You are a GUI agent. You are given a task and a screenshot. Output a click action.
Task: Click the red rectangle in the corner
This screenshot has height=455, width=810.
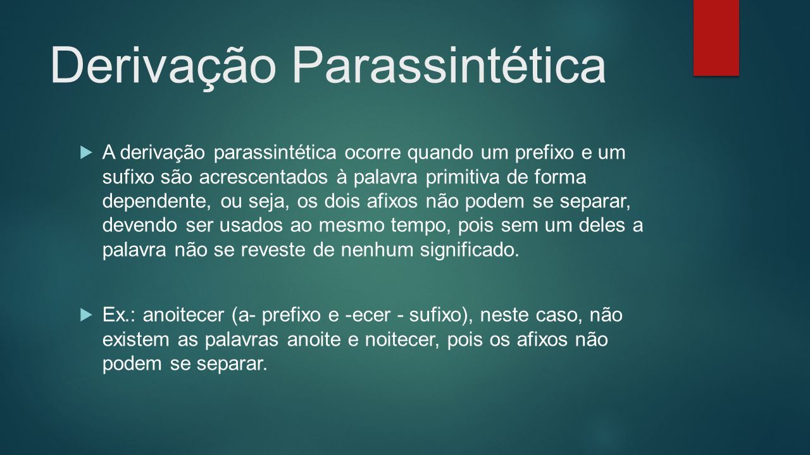pos(716,37)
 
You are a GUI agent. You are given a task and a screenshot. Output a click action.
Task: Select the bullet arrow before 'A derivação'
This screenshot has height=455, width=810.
pos(86,152)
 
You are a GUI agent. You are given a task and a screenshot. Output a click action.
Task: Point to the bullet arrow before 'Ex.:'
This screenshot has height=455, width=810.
pos(86,315)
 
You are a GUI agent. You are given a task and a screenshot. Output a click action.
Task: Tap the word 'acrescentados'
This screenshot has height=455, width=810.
pos(263,178)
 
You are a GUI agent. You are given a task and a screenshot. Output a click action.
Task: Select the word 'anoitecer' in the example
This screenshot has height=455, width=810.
pos(184,315)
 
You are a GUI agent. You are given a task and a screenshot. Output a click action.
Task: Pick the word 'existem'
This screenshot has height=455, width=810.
pos(136,340)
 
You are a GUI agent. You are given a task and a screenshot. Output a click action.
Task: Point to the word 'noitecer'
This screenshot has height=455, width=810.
pos(401,340)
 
